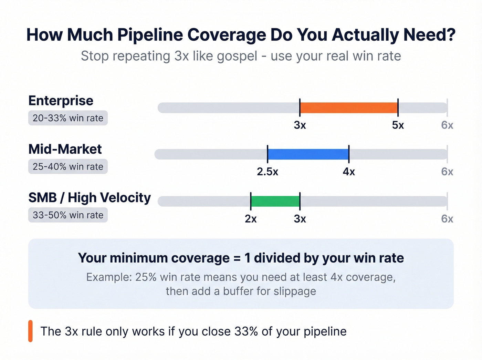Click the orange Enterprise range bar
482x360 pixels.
[x=349, y=108]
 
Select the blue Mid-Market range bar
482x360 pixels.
[x=308, y=154]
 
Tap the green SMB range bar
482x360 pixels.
[x=275, y=201]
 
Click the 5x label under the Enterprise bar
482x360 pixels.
[x=398, y=125]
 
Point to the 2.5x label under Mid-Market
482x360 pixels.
[x=268, y=172]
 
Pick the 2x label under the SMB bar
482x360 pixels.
[x=251, y=219]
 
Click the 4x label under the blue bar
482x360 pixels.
[x=349, y=172]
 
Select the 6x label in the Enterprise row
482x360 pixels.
[x=447, y=125]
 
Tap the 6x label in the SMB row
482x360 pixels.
[x=447, y=219]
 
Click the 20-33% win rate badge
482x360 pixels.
[x=68, y=118]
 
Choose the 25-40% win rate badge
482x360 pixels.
[x=68, y=167]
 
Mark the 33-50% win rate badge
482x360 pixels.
[x=68, y=215]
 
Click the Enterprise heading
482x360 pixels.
[x=61, y=101]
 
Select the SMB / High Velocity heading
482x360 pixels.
[x=90, y=198]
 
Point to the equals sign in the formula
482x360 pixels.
[x=237, y=258]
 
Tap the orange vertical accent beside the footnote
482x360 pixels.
[x=30, y=331]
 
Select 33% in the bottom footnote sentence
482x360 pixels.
[x=246, y=331]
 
